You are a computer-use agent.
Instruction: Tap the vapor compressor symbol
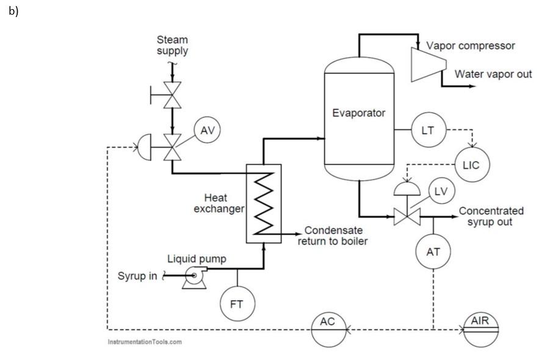pos(428,63)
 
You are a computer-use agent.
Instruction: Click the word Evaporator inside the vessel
pos(359,113)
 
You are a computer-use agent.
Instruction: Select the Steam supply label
pos(172,46)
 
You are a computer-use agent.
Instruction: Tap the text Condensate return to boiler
pos(333,236)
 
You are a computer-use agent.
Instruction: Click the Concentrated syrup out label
pos(491,216)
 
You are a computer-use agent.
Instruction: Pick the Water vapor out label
pos(493,74)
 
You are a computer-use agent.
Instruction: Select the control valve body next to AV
pos(173,147)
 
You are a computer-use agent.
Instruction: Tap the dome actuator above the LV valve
pos(403,188)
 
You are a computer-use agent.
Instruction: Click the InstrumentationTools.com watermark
pos(144,342)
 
